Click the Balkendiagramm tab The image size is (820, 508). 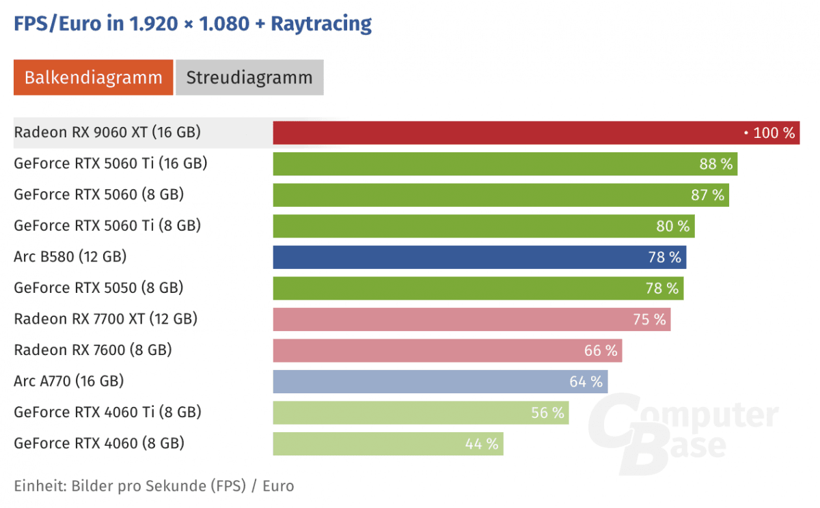[94, 77]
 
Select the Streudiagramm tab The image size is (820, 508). [249, 77]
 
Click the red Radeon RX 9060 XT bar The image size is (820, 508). [506, 132]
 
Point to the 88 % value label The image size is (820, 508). [715, 164]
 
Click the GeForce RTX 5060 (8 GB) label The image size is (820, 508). [99, 195]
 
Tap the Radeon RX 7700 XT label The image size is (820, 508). [106, 319]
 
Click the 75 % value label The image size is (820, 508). [648, 320]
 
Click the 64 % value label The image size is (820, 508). [586, 382]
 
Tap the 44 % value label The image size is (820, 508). [482, 444]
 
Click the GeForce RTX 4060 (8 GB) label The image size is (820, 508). [99, 443]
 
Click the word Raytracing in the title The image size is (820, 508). [321, 23]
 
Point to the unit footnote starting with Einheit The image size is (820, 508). [154, 485]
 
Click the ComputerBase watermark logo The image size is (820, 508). [683, 434]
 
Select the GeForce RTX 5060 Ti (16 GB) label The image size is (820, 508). [111, 163]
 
